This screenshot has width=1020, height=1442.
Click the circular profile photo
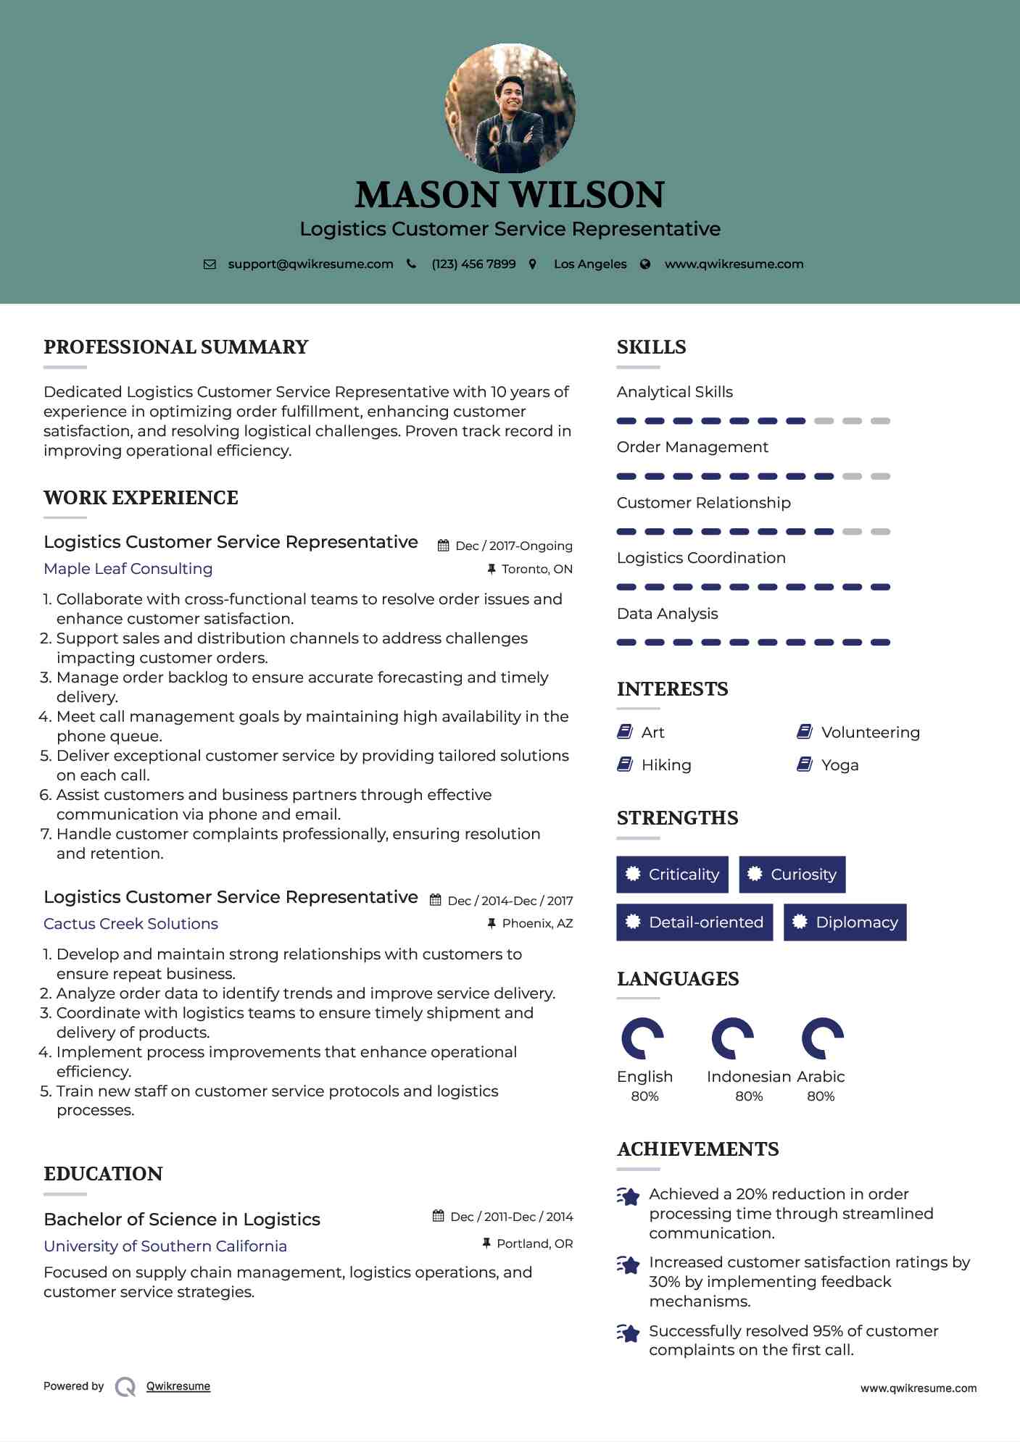(510, 108)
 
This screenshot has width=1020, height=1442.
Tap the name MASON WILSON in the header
(510, 195)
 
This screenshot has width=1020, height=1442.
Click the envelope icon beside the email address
(210, 264)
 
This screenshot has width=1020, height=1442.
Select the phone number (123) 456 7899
(473, 264)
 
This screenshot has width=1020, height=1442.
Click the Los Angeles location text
(589, 264)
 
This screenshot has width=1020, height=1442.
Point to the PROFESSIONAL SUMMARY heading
(175, 347)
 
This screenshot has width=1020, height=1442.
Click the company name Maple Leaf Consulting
(128, 569)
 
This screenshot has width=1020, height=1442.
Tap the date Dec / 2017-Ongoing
(513, 546)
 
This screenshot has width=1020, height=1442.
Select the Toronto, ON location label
(536, 570)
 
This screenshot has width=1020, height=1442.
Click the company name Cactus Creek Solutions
(130, 924)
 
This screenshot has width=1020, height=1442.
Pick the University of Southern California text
(165, 1246)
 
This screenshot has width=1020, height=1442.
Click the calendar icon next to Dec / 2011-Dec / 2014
(438, 1216)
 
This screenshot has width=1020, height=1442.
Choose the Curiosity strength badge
(792, 875)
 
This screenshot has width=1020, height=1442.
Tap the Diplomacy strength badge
(845, 922)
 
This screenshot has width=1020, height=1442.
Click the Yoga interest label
(839, 765)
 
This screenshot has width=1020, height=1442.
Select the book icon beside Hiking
(624, 764)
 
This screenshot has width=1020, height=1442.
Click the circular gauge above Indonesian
(732, 1038)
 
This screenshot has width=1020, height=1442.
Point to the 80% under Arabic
(821, 1096)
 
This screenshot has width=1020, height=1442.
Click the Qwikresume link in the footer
(178, 1386)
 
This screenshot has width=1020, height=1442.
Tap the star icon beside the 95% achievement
(628, 1333)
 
